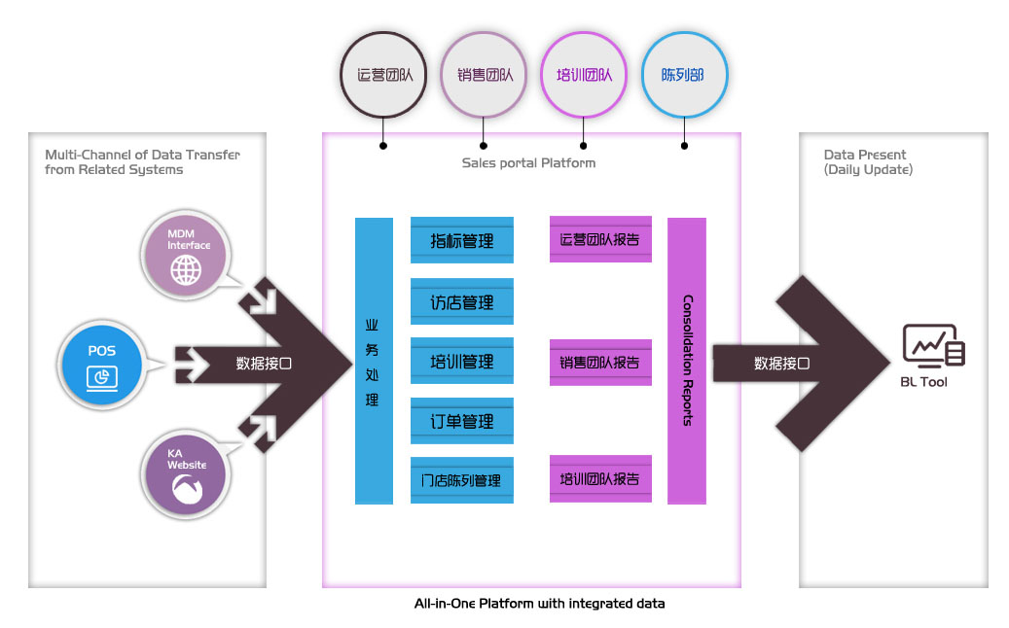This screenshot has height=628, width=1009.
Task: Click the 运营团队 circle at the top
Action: [383, 74]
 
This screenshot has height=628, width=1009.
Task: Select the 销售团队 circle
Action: [485, 74]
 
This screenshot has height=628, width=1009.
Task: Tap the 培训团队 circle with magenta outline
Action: [584, 74]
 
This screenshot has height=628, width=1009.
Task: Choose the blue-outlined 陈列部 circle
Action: [684, 74]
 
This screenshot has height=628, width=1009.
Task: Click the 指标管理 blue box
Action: [462, 240]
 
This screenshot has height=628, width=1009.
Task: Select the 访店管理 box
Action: [462, 301]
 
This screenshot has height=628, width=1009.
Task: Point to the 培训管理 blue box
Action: [462, 362]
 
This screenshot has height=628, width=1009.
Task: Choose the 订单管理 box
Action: [462, 421]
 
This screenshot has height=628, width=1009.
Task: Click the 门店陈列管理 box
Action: [462, 480]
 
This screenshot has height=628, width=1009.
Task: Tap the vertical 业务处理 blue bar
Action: [374, 361]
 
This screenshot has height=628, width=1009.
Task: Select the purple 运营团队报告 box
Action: [600, 239]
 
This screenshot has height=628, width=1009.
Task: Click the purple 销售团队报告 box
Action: [600, 363]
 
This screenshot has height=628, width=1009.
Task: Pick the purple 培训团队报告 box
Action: [600, 478]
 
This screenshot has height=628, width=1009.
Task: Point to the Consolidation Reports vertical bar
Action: [687, 361]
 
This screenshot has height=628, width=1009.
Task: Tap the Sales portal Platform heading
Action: [528, 162]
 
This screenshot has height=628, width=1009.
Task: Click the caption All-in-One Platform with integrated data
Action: [539, 604]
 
